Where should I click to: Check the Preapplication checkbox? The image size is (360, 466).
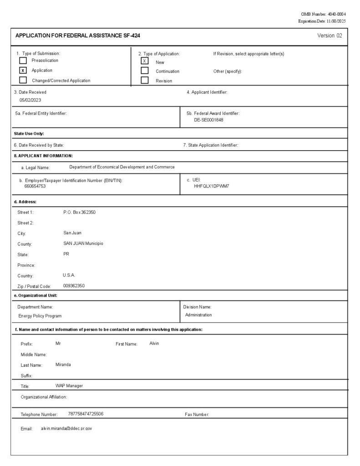[23, 60]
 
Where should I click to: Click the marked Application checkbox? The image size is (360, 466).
[23, 71]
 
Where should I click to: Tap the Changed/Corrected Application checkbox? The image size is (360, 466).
[23, 81]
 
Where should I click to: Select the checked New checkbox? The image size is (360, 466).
[145, 61]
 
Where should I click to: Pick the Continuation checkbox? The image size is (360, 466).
[145, 71]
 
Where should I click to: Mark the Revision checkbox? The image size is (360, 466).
[145, 81]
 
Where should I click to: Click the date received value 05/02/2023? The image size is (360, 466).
[30, 100]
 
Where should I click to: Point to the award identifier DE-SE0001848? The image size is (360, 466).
[208, 120]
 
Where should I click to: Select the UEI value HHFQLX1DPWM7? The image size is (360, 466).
[211, 186]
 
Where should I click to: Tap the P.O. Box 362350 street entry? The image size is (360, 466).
[79, 212]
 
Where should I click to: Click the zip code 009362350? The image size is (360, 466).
[74, 286]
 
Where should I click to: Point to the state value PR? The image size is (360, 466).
[66, 254]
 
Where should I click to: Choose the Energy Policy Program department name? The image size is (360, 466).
[40, 315]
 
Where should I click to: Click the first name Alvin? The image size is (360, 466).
[154, 343]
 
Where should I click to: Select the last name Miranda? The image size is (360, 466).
[63, 365]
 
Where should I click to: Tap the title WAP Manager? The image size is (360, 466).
[69, 386]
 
